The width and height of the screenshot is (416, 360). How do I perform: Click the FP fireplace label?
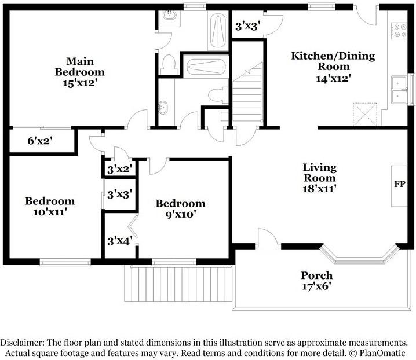[x=400, y=184]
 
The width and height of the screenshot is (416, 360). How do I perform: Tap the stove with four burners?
[x=399, y=31]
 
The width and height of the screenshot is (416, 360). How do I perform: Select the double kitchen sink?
[x=399, y=90]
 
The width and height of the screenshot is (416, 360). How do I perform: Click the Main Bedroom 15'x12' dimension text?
[x=79, y=83]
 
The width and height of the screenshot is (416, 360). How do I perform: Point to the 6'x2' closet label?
[x=39, y=141]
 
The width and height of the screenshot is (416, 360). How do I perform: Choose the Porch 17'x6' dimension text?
[x=318, y=286]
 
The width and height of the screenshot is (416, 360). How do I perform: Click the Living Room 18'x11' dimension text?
[x=319, y=189]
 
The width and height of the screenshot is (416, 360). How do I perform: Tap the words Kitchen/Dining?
[x=333, y=56]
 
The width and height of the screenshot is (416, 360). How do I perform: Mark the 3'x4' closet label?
[x=120, y=241]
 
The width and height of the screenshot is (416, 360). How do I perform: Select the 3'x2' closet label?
[x=120, y=169]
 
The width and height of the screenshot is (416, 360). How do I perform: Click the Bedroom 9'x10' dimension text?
[x=181, y=214]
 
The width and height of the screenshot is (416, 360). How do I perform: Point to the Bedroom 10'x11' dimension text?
[x=50, y=212]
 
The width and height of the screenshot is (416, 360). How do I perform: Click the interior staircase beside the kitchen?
[x=248, y=94]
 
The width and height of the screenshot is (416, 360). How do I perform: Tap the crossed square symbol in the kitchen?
[x=365, y=114]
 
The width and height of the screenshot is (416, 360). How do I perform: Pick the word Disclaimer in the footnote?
[x=22, y=343]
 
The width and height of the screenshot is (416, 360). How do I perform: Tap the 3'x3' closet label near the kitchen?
[x=247, y=26]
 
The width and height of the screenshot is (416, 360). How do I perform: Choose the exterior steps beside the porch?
[x=178, y=284]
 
